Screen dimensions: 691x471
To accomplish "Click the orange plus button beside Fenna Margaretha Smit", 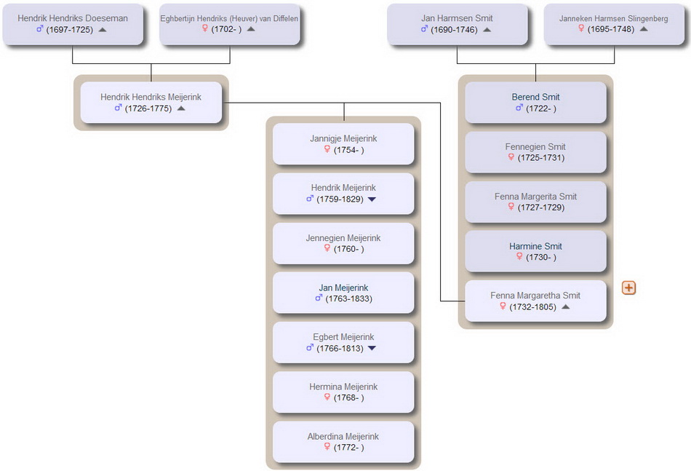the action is tap(628, 288).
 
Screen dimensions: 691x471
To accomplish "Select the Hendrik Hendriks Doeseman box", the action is tap(73, 24).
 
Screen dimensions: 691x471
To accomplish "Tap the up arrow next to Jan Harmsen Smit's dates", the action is tap(487, 30).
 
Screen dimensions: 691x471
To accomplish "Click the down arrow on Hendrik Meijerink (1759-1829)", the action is tap(372, 199).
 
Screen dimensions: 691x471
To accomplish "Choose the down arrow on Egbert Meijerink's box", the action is tap(372, 349).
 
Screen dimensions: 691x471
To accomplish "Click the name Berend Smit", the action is tap(535, 97).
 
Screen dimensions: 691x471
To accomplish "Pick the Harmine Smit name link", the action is tap(535, 246).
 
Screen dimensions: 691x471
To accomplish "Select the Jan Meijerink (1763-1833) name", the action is tap(343, 288).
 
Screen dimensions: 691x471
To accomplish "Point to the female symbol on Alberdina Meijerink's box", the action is tap(327, 447).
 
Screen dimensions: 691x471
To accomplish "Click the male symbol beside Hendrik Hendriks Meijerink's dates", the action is tap(118, 108).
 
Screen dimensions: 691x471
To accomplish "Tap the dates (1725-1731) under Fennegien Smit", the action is tap(540, 158).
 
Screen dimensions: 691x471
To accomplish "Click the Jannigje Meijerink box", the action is tap(343, 143).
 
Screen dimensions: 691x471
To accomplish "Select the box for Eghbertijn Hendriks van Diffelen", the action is tap(230, 24).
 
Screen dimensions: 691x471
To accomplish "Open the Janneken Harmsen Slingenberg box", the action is tap(614, 24).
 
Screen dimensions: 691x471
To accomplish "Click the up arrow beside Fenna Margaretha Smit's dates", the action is tap(566, 307).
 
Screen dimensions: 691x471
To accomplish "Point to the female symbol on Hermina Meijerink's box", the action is tap(327, 397).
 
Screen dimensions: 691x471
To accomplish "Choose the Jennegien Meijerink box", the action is tap(343, 243).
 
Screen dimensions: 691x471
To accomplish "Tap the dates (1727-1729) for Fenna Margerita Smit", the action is tap(540, 207).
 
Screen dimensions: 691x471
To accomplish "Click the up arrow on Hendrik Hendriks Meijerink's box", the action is tap(181, 108).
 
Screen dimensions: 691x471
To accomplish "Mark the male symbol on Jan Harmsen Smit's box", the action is tap(424, 29).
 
